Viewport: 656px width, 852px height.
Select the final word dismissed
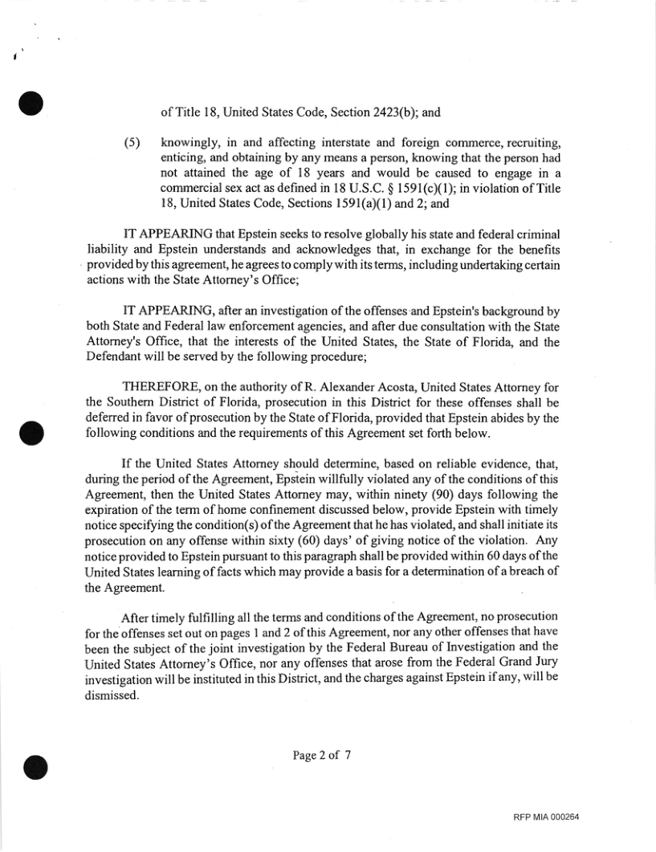[x=112, y=697]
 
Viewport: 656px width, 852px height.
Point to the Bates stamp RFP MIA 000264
[x=546, y=817]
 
